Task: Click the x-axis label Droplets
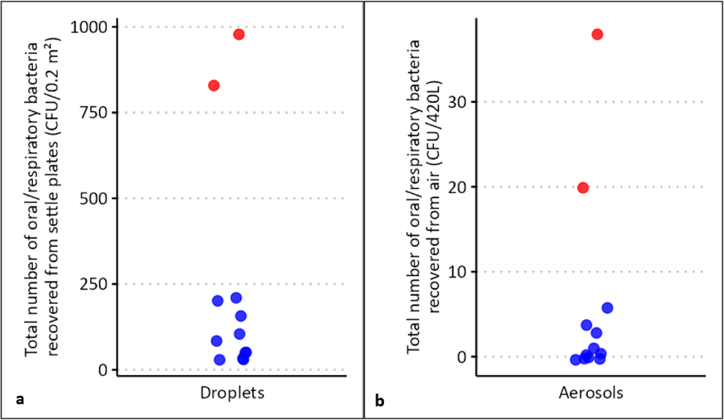click(232, 393)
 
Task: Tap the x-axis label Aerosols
click(591, 393)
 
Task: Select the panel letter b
click(379, 400)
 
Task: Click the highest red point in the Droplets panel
click(239, 34)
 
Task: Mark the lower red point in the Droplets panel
click(214, 86)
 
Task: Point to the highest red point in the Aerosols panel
click(597, 34)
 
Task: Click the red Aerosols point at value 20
click(583, 188)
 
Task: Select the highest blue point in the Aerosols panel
click(607, 308)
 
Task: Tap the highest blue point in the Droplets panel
click(236, 298)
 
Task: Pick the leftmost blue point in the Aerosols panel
click(575, 360)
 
